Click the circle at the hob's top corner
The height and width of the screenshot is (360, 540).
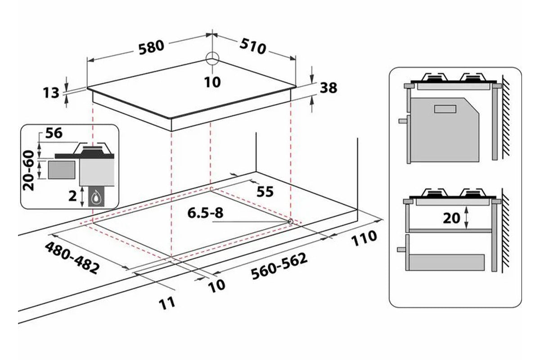click(212, 58)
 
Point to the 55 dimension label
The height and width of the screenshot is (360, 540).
click(265, 192)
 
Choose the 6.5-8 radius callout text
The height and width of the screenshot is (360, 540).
click(205, 213)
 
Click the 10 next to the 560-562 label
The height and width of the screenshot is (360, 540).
click(216, 284)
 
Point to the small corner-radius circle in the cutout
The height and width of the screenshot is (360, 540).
click(290, 221)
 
